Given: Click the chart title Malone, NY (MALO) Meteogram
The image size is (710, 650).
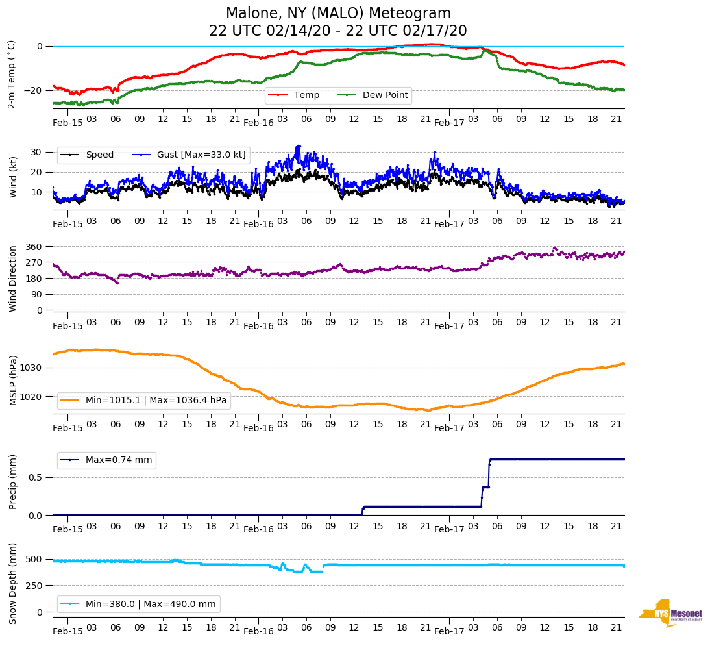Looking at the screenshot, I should pyautogui.click(x=338, y=14).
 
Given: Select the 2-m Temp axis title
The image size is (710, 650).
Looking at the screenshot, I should pyautogui.click(x=11, y=74).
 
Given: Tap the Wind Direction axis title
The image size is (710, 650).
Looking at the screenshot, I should pyautogui.click(x=12, y=279).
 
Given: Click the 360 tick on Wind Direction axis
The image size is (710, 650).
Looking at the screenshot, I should pyautogui.click(x=34, y=247).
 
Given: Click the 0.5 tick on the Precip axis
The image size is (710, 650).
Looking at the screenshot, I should pyautogui.click(x=35, y=478).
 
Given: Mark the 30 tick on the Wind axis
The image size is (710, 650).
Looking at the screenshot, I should pyautogui.click(x=37, y=152).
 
